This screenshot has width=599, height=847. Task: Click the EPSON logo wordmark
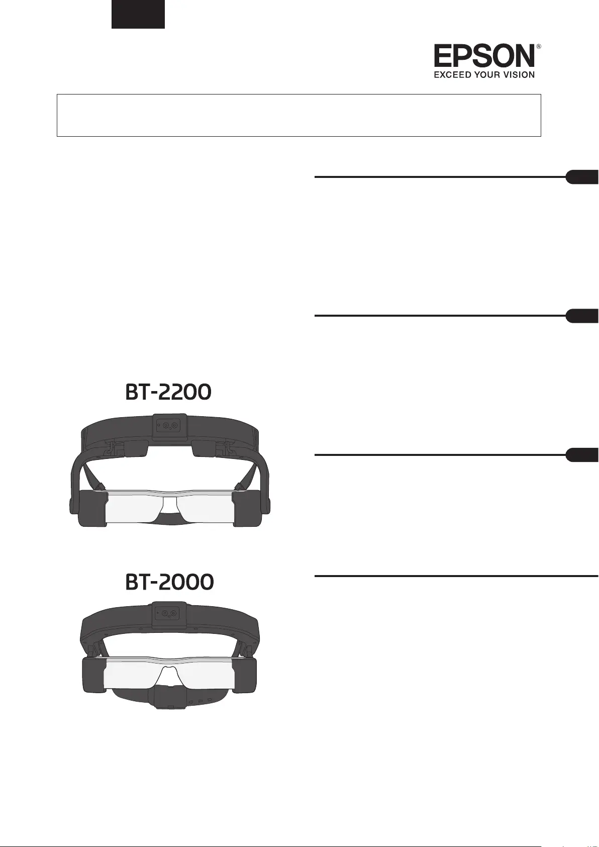pyautogui.click(x=484, y=56)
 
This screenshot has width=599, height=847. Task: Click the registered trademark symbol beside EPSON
pyautogui.click(x=539, y=46)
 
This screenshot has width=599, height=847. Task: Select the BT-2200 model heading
pyautogui.click(x=168, y=393)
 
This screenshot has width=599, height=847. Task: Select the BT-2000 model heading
pyautogui.click(x=169, y=582)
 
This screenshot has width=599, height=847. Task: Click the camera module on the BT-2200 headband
pyautogui.click(x=169, y=426)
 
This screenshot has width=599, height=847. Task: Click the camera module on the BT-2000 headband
pyautogui.click(x=169, y=613)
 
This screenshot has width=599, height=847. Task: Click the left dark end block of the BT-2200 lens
pyautogui.click(x=93, y=509)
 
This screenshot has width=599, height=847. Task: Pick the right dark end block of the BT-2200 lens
pyautogui.click(x=247, y=509)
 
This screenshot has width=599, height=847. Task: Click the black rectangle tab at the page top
pyautogui.click(x=138, y=14)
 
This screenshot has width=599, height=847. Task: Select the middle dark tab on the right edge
pyautogui.click(x=583, y=316)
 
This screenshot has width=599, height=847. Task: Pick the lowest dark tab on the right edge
pyautogui.click(x=583, y=455)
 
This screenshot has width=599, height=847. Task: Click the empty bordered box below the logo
pyautogui.click(x=298, y=115)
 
